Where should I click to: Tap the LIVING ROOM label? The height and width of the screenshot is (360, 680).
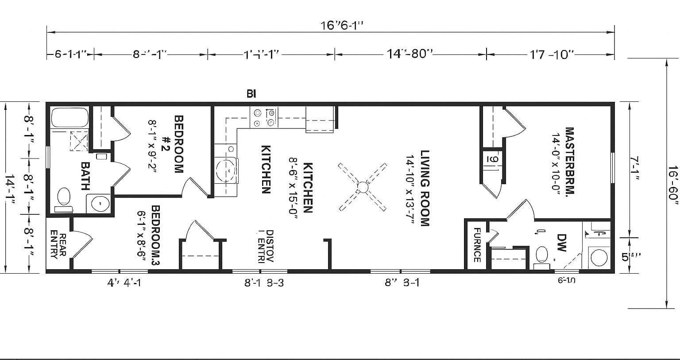(x=425, y=188)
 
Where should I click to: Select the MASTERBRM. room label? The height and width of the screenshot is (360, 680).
(x=569, y=162)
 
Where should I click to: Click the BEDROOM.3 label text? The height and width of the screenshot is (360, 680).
(x=155, y=235)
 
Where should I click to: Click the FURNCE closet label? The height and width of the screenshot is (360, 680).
(x=477, y=244)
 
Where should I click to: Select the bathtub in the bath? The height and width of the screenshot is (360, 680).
(x=70, y=117)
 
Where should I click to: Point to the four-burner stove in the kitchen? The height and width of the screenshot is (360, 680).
(x=264, y=117)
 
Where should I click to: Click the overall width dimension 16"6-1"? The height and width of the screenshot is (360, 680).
(x=342, y=25)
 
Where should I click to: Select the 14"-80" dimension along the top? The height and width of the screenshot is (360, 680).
(x=409, y=54)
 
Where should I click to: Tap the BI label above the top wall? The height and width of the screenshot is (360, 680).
(x=251, y=94)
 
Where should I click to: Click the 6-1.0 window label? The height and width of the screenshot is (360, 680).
(x=566, y=280)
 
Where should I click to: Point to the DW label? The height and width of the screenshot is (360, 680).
(x=561, y=243)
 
